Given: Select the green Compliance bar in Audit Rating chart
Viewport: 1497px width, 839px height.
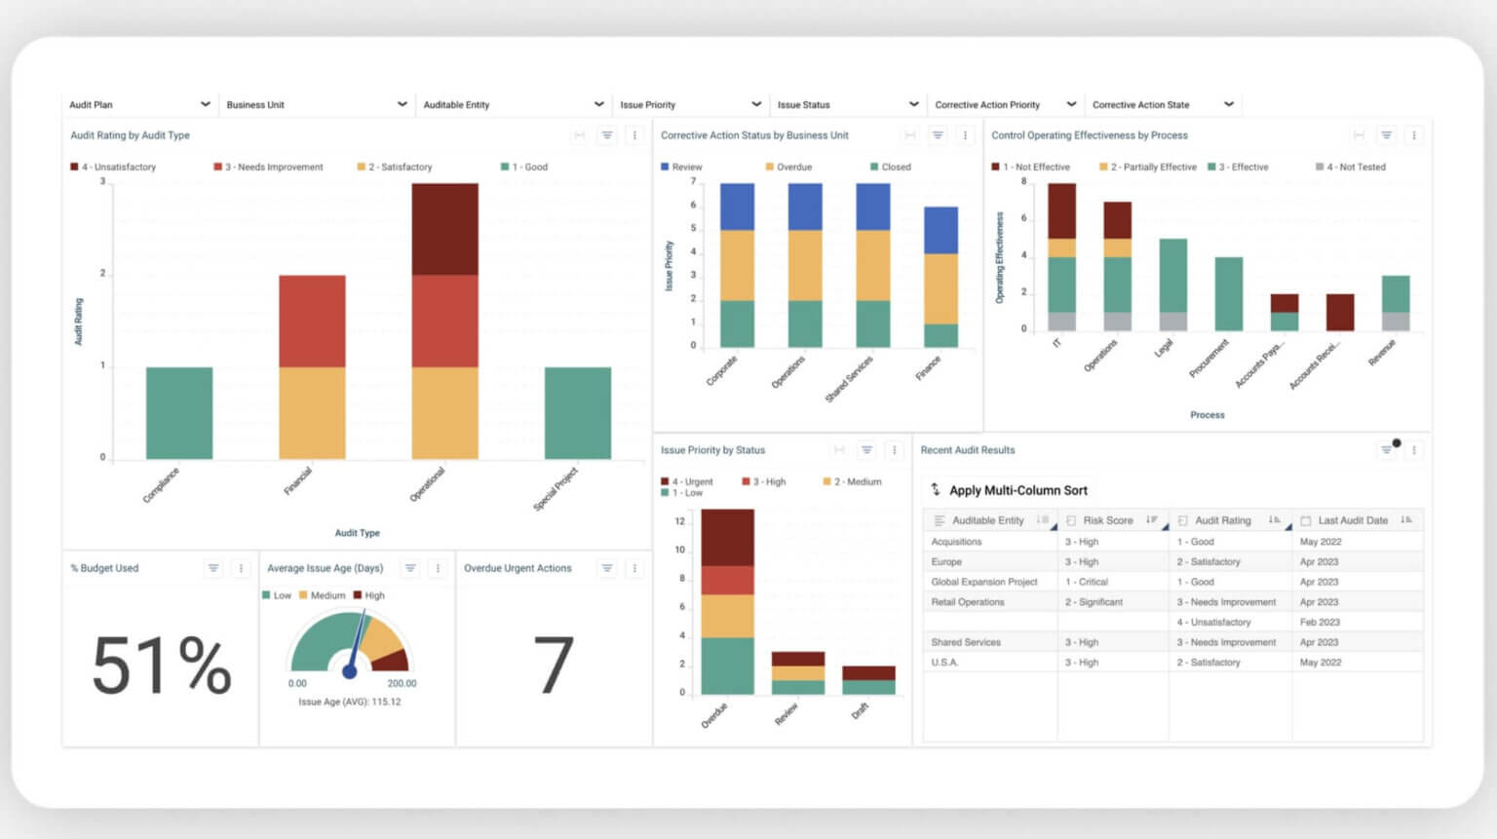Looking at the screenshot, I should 179,413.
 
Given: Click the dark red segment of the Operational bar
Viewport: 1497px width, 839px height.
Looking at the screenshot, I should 444,229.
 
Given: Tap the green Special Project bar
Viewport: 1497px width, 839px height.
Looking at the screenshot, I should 577,413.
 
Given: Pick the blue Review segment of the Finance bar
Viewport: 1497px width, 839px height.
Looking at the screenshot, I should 940,230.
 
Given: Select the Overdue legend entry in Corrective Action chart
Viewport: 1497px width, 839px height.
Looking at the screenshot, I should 793,167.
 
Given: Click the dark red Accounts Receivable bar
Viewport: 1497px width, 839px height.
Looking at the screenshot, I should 1340,312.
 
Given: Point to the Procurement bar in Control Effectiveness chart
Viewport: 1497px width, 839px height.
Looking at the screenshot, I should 1228,293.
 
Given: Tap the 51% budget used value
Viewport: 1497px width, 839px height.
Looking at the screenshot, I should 161,667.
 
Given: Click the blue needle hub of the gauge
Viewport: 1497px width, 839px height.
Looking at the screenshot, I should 350,671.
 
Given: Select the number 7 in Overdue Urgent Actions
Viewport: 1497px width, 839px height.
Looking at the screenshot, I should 553,667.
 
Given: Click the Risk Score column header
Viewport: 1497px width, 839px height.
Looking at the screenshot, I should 1107,520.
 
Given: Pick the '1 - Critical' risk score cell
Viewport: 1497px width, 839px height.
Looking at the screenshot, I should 1087,582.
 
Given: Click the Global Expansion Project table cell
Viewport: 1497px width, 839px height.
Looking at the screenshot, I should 983,582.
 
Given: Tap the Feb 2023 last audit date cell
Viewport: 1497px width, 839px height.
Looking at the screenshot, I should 1320,622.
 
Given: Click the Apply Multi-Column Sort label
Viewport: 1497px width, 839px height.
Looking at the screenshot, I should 1017,490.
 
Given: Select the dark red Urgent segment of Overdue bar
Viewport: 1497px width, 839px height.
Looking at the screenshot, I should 727,537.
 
